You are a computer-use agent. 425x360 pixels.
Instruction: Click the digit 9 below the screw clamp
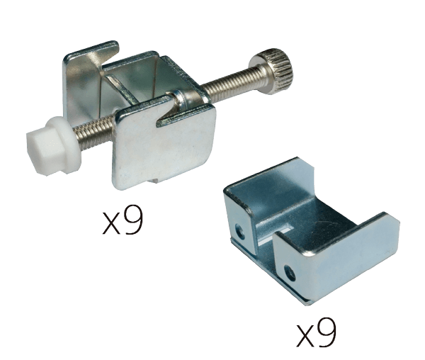(133, 219)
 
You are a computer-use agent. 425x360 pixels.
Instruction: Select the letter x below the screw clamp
(111, 223)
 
